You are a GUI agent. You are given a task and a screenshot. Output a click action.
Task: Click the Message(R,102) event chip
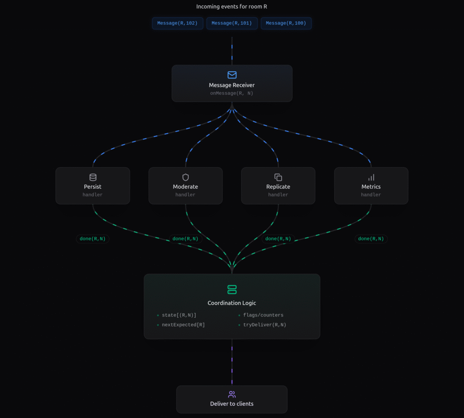(x=178, y=23)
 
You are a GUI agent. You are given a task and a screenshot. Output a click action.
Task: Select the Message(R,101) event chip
(x=232, y=23)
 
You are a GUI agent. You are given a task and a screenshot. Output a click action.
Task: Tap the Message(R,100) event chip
(x=286, y=23)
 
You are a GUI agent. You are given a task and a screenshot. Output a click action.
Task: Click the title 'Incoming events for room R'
(x=232, y=6)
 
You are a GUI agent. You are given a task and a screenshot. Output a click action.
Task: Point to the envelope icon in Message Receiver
(x=232, y=75)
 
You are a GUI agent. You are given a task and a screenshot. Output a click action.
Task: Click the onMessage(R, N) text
(x=232, y=93)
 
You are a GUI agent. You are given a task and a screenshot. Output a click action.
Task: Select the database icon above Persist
(x=93, y=177)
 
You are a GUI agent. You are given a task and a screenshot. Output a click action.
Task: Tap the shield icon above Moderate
(x=185, y=177)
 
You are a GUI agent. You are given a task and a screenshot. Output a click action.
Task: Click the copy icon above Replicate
(x=278, y=177)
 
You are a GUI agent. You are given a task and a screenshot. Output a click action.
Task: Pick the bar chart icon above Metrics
(x=371, y=177)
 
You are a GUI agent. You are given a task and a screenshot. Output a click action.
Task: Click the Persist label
(x=93, y=187)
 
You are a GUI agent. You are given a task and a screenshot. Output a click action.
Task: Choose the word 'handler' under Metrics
(x=371, y=195)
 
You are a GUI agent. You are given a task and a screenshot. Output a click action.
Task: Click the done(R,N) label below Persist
(x=93, y=239)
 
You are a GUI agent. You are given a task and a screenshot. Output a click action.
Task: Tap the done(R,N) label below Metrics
(x=371, y=239)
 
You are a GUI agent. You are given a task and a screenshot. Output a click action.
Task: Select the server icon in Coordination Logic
(x=232, y=289)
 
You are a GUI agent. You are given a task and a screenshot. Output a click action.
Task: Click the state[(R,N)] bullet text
(x=179, y=315)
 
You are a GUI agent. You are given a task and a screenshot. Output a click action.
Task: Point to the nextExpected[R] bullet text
(x=183, y=325)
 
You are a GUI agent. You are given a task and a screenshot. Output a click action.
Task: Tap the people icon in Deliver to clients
(x=232, y=394)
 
